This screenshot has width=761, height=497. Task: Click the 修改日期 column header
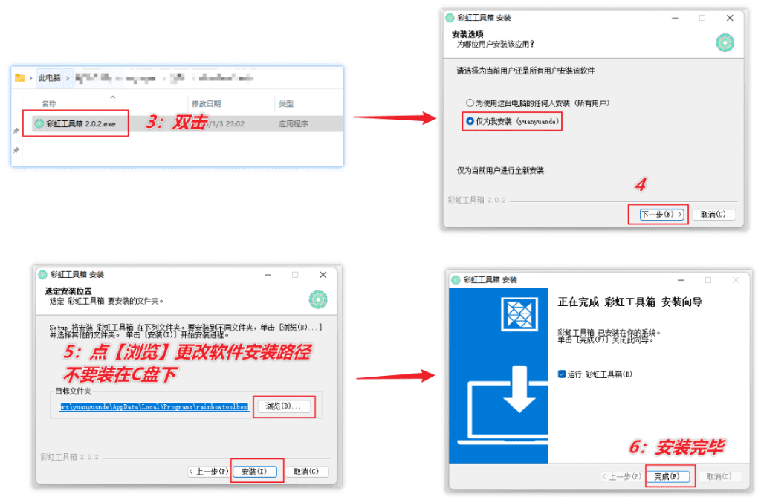click(x=206, y=104)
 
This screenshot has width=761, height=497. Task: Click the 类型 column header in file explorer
click(x=286, y=104)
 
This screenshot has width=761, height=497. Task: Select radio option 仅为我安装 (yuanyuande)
click(x=470, y=120)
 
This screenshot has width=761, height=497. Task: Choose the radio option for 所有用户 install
click(x=470, y=103)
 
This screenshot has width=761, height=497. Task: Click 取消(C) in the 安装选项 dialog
click(x=713, y=215)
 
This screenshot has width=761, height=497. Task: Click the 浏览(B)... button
click(x=284, y=406)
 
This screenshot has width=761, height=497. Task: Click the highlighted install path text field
click(x=154, y=407)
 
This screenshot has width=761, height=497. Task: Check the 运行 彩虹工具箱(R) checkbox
click(x=563, y=374)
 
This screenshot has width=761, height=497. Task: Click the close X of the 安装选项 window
click(x=730, y=17)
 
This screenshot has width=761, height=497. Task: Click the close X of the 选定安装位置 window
click(x=323, y=275)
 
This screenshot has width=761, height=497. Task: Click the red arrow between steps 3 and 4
click(x=394, y=117)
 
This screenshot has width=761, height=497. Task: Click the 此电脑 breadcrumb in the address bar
click(x=49, y=78)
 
